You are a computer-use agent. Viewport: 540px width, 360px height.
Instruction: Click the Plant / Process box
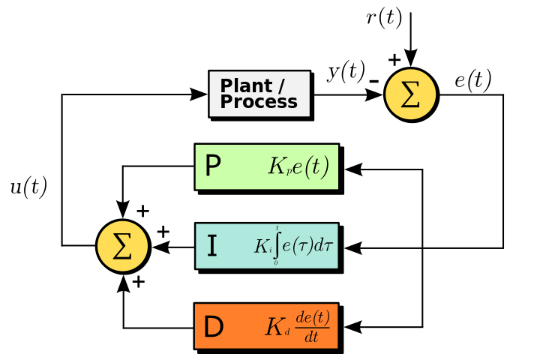[259, 94]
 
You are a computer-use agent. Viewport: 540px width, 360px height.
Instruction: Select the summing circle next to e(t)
[410, 94]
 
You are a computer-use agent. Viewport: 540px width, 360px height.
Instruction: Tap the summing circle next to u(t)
[122, 245]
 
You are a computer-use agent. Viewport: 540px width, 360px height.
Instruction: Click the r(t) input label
[384, 18]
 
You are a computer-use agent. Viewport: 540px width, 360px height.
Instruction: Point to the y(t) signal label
[346, 73]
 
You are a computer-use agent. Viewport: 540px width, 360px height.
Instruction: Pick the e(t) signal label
[472, 79]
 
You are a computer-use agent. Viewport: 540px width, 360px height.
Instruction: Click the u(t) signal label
[28, 187]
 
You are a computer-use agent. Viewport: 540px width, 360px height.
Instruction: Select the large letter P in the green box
[213, 166]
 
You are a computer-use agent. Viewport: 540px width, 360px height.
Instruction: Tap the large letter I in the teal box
[212, 246]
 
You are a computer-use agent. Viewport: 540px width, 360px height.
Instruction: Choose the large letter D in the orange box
[214, 327]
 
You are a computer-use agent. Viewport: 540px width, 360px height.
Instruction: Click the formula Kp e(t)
[298, 166]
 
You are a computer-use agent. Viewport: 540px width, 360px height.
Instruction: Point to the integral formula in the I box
[292, 245]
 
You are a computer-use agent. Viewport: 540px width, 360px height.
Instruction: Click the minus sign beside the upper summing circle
[372, 77]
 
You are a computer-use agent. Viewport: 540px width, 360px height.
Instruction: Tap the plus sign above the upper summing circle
[394, 59]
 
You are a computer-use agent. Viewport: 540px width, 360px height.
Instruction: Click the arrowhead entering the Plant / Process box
[199, 94]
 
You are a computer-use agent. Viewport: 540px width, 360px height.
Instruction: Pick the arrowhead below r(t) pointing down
[410, 57]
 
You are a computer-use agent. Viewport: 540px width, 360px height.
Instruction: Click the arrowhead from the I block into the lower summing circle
[160, 245]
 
